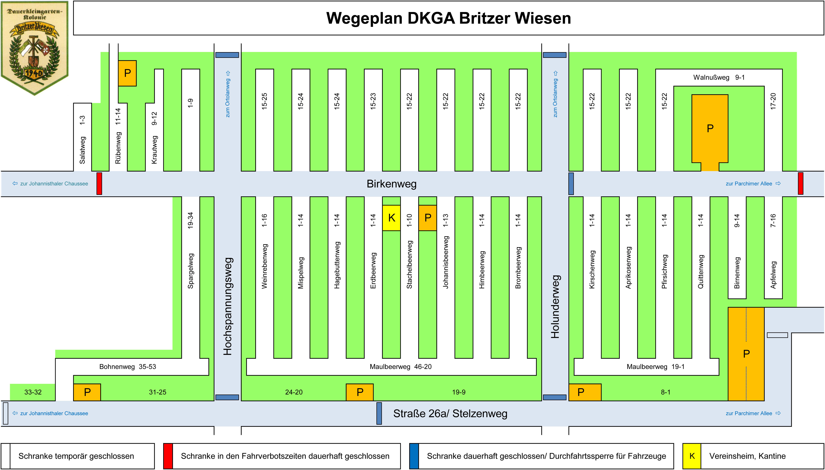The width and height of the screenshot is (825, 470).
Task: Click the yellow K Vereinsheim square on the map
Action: (391, 218)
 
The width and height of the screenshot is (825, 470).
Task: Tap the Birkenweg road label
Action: (391, 184)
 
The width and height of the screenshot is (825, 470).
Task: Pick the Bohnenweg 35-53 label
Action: (128, 367)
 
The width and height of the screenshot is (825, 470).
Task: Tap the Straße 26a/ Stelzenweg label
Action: (450, 413)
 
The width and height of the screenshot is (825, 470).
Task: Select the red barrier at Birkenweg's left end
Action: (99, 184)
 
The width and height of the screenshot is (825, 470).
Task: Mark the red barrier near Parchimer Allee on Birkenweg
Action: (801, 184)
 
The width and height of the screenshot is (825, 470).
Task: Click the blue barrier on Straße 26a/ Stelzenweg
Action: (379, 413)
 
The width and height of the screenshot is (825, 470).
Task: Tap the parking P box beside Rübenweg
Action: (127, 73)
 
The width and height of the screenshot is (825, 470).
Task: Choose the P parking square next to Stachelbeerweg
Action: (428, 218)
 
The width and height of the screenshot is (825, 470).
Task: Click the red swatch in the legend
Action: (168, 456)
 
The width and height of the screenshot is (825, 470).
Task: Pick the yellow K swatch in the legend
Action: (692, 456)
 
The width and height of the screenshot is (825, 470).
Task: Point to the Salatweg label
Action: (82, 150)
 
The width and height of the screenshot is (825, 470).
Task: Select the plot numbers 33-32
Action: (33, 392)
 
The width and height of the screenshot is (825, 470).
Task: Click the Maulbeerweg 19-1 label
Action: (655, 367)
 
